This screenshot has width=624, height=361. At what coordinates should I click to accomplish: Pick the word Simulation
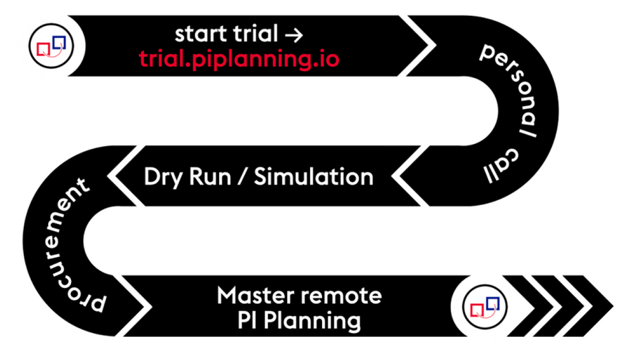(x=314, y=177)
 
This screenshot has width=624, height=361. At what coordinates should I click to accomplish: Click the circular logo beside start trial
(x=51, y=46)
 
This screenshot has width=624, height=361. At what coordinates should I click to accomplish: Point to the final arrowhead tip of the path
(x=611, y=306)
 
